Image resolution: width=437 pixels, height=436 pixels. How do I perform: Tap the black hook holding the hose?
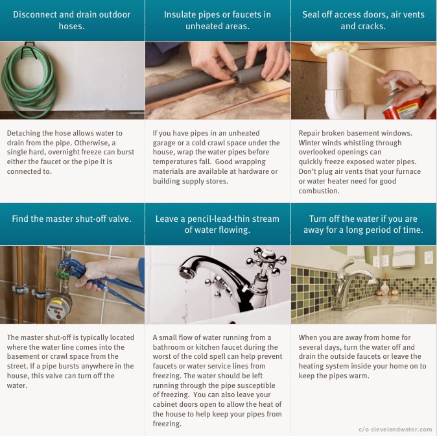point(30,49)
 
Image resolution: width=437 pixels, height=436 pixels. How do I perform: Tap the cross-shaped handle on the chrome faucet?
point(266,261)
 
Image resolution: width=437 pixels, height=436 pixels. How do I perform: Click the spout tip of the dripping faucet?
point(185,272)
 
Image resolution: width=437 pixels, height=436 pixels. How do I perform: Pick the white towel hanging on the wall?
point(403,257)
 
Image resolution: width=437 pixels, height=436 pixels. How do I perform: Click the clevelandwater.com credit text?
point(396,430)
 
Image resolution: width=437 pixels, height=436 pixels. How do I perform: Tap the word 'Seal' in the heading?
point(311,14)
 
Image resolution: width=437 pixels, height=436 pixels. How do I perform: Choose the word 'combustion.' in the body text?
point(319,191)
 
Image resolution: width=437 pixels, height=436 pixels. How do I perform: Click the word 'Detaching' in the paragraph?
point(23,134)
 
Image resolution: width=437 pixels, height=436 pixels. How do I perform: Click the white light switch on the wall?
point(429,257)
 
